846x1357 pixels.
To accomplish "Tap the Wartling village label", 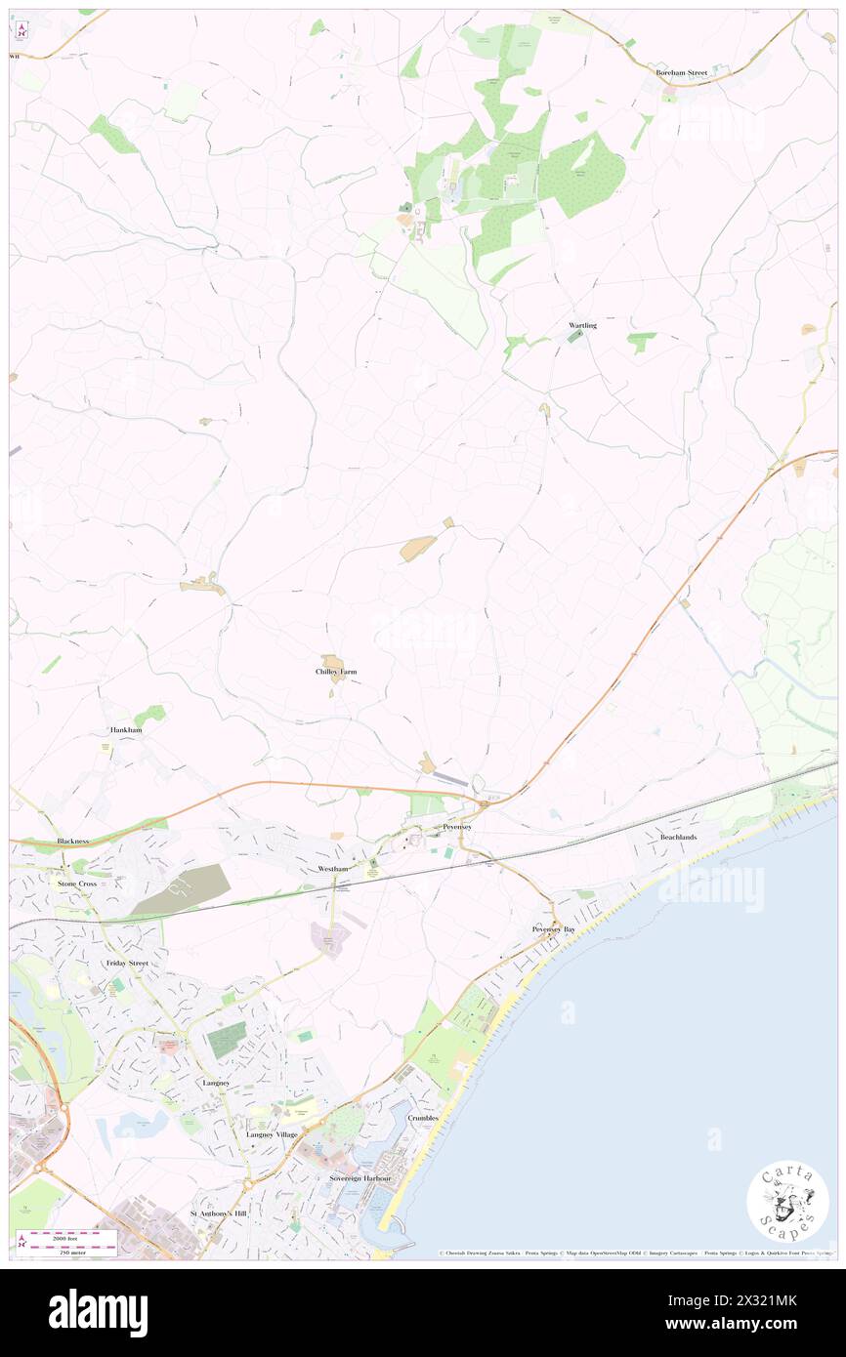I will (x=582, y=325).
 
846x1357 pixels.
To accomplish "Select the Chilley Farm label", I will (x=335, y=672).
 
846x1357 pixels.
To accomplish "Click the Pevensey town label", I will (x=457, y=827).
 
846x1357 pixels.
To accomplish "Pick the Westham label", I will (x=332, y=868).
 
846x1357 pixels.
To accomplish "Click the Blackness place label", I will (x=73, y=841).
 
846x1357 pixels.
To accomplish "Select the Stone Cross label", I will (x=79, y=883).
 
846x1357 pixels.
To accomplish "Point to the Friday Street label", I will (x=127, y=963).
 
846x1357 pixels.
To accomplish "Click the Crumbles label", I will (x=426, y=1117).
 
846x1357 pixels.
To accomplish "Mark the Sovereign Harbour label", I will (x=360, y=1178).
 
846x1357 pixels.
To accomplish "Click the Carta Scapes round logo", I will (x=787, y=1201).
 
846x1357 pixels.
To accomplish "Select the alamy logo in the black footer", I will (x=98, y=1312).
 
